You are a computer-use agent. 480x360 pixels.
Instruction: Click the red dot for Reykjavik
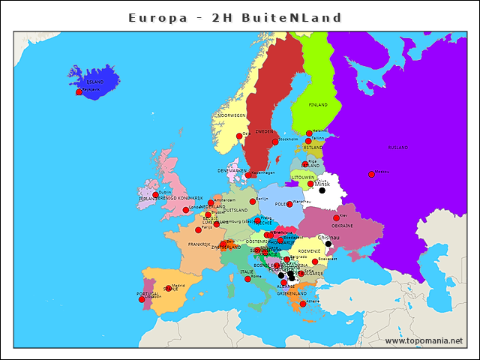79,91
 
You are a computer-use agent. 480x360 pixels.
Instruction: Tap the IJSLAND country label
95,81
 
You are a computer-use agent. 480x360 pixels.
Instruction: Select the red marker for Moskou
371,174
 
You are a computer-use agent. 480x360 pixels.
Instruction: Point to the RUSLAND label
398,148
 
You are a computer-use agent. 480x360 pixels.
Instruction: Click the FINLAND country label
318,105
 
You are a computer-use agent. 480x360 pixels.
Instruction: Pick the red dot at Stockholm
275,142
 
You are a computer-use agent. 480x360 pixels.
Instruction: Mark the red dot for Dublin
155,195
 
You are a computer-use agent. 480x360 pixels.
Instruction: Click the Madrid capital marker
168,288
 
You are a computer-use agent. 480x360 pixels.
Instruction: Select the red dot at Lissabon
142,299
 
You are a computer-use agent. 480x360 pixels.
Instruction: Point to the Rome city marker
247,279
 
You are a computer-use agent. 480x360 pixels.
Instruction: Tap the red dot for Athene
302,304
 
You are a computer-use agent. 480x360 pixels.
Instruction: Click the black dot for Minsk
322,190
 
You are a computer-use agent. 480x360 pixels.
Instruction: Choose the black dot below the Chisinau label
328,244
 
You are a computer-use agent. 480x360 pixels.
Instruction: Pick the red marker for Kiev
336,218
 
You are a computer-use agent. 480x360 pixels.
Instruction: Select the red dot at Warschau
289,204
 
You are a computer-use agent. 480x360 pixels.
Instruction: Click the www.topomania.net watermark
424,340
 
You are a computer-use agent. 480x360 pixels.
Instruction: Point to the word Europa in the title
156,17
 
